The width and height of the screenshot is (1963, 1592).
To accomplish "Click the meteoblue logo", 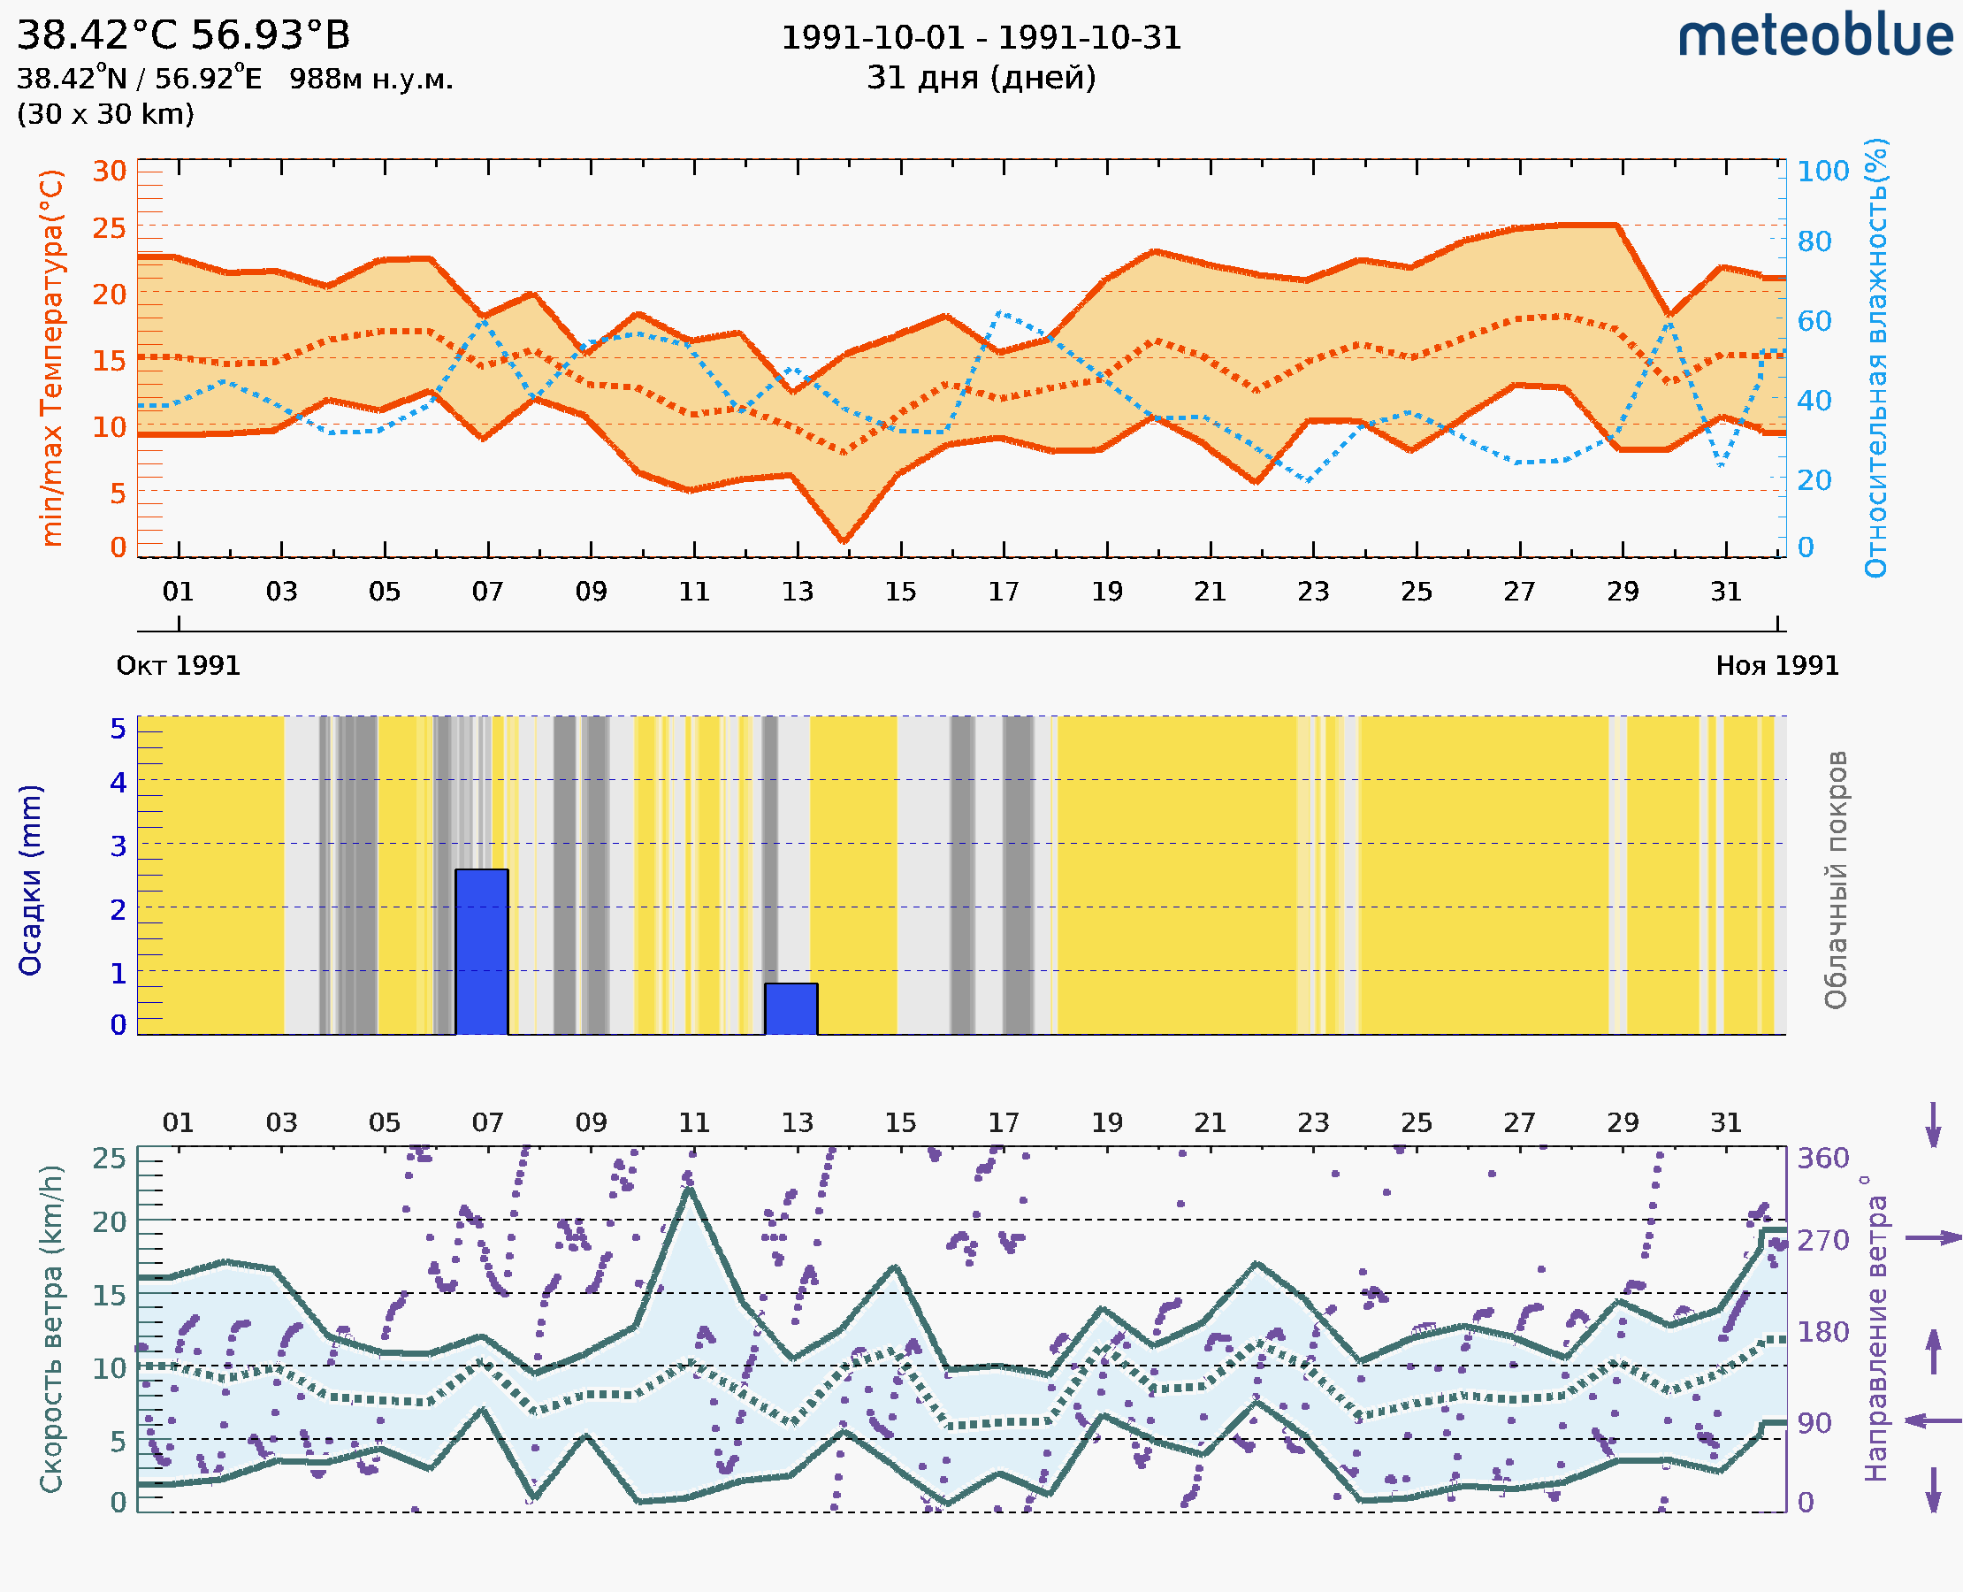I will pyautogui.click(x=1815, y=36).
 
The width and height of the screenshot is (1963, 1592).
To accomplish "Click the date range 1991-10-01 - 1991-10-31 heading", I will pyautogui.click(x=981, y=38).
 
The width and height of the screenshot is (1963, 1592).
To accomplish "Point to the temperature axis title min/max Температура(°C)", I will pyautogui.click(x=52, y=357).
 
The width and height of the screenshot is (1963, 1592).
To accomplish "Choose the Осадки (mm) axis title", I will pyautogui.click(x=30, y=880).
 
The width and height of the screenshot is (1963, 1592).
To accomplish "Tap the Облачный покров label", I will pyautogui.click(x=1835, y=880).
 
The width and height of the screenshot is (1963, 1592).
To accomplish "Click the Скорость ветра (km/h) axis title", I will pyautogui.click(x=51, y=1329).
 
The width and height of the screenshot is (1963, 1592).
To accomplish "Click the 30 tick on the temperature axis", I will pyautogui.click(x=110, y=172).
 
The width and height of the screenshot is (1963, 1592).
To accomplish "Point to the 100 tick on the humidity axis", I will pyautogui.click(x=1822, y=172).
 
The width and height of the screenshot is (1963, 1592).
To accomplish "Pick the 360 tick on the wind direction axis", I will pyautogui.click(x=1822, y=1159).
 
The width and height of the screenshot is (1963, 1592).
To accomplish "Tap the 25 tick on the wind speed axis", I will pyautogui.click(x=110, y=1159).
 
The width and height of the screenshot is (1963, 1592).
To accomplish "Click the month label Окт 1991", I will pyautogui.click(x=178, y=666).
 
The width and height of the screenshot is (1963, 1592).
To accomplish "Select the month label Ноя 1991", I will pyautogui.click(x=1777, y=666).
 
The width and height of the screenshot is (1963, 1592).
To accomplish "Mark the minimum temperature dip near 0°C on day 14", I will pyautogui.click(x=844, y=540).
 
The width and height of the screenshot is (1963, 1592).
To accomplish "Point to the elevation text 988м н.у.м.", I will pyautogui.click(x=371, y=80).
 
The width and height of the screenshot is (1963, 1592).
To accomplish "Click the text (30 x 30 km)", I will pyautogui.click(x=105, y=115).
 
